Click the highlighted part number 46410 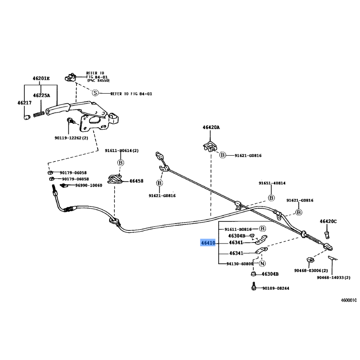(x=208, y=243)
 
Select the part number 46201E (x=41, y=79)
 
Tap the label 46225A (x=41, y=95)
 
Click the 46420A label (x=211, y=127)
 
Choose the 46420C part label (x=328, y=221)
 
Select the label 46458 (x=136, y=181)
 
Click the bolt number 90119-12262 (x=72, y=138)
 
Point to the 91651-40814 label (x=272, y=183)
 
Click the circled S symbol (x=95, y=93)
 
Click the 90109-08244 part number (x=276, y=288)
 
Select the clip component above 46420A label (x=210, y=146)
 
